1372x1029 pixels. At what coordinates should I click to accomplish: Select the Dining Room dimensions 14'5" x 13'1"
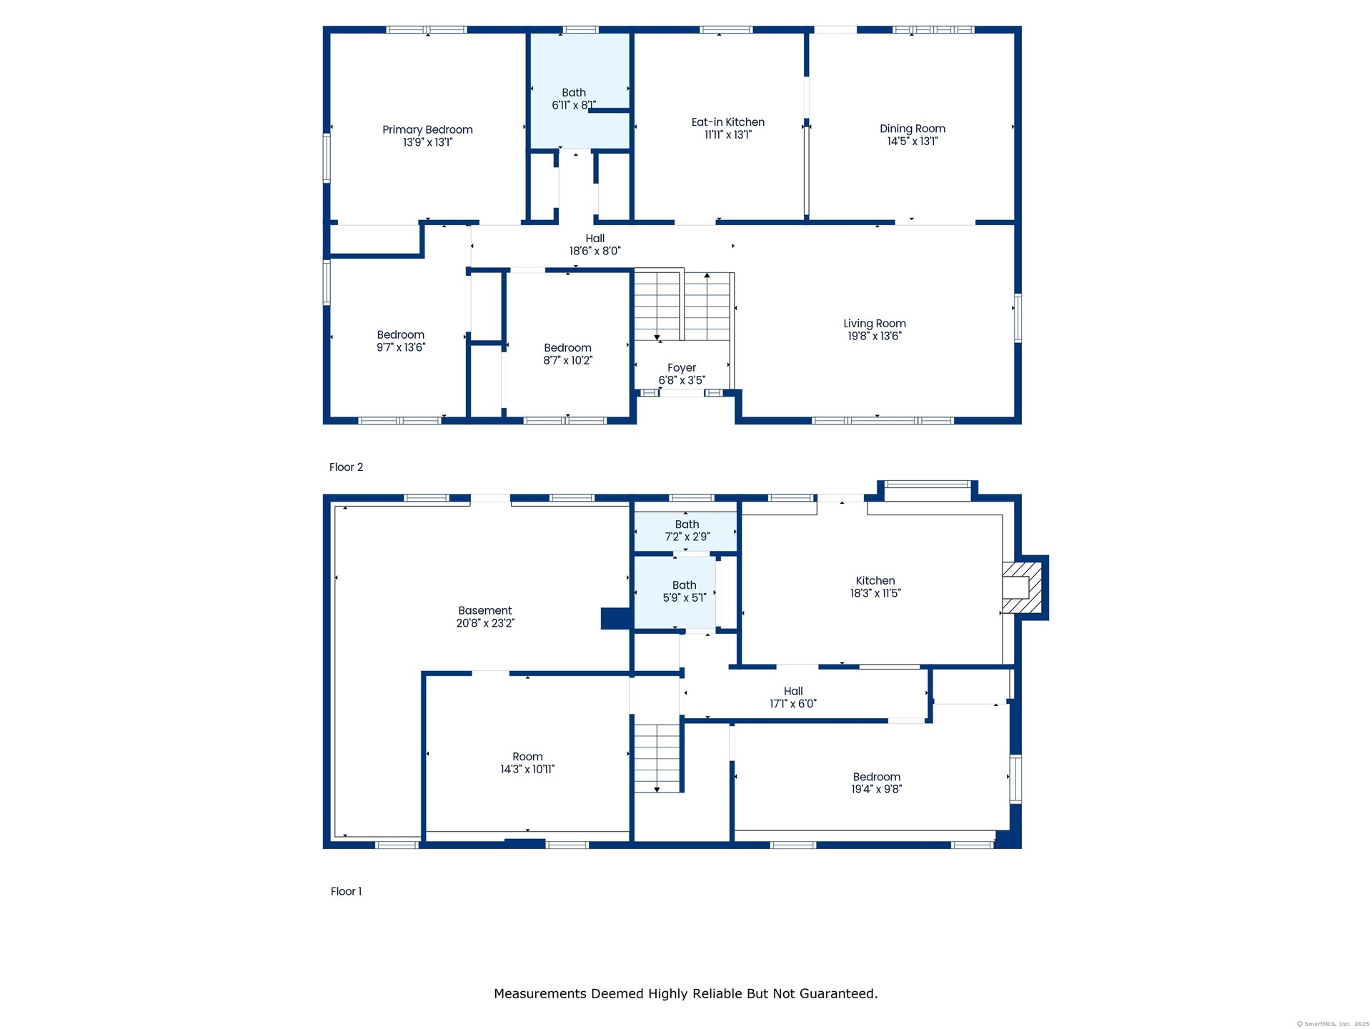(x=913, y=141)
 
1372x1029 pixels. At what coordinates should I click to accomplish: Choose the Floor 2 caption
(x=347, y=467)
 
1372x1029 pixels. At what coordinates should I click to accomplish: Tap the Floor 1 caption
(x=346, y=891)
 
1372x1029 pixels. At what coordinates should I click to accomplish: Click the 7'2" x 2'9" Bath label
(x=687, y=530)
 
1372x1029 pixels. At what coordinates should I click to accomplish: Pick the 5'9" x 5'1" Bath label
(x=685, y=591)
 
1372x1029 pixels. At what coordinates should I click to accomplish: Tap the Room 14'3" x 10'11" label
(x=527, y=763)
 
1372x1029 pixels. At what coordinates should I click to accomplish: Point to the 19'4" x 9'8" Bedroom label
(x=877, y=783)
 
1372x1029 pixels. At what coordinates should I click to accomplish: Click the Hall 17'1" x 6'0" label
(x=793, y=697)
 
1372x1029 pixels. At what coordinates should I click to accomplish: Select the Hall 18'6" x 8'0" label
(x=595, y=244)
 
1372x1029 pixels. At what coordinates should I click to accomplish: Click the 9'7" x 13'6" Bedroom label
(x=401, y=341)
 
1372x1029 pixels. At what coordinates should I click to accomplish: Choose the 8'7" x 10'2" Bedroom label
(x=568, y=354)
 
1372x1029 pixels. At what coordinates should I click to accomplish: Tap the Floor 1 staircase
(x=657, y=757)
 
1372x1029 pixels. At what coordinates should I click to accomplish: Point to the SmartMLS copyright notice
(x=1333, y=1024)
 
